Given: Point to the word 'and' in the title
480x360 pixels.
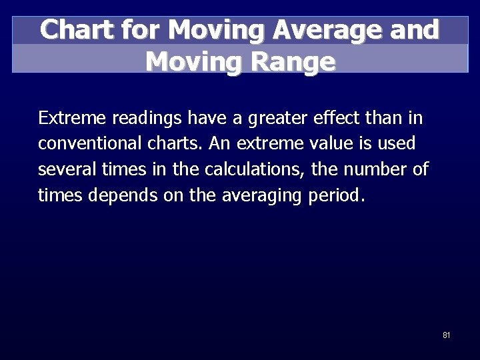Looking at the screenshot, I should pos(416,30).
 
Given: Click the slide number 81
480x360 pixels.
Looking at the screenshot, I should pos(446,335).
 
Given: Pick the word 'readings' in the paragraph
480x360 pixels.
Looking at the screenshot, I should pos(147,119).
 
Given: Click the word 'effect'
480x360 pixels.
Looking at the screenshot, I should pos(335,119).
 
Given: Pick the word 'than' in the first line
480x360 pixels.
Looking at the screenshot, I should pos(382,119).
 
